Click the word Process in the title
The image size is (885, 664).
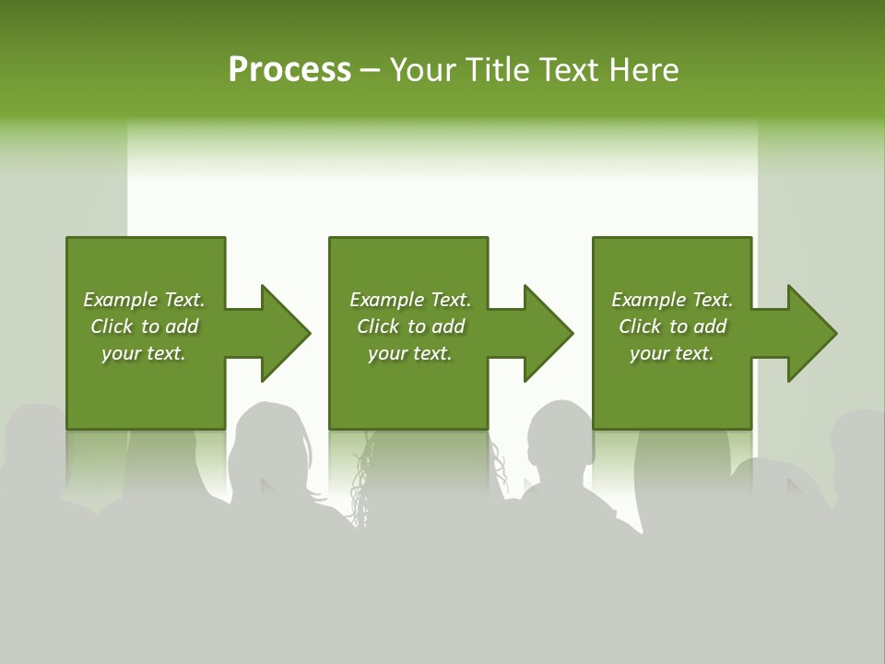pos(289,70)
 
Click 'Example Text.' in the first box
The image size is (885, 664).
pos(144,300)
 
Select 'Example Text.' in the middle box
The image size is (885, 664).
pos(409,300)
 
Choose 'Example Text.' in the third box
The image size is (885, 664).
pos(672,300)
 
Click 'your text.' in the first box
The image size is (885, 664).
pos(144,353)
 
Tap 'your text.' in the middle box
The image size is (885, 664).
pos(409,353)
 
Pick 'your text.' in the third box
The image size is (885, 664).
pos(672,353)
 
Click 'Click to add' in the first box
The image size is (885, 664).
pos(144,326)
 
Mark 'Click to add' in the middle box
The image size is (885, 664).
pos(409,326)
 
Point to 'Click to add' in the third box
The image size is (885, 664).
pos(672,326)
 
